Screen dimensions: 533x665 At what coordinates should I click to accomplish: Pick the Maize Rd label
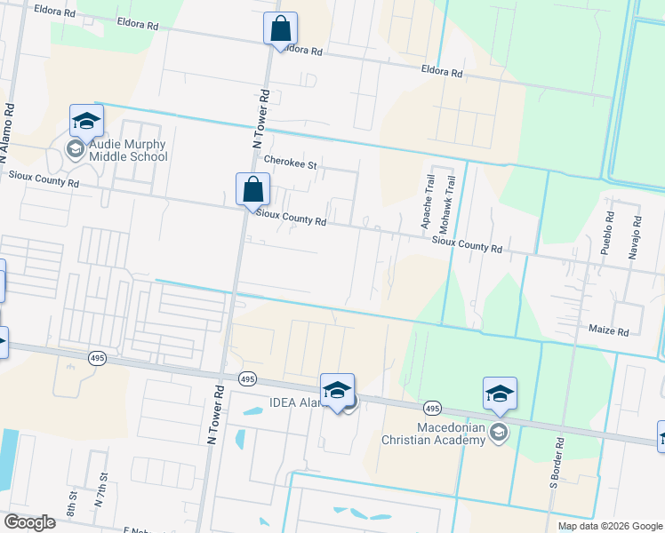(x=608, y=330)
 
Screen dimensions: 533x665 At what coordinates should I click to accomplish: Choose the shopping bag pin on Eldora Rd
(x=280, y=29)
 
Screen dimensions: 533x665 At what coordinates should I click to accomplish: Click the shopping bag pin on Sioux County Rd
(x=252, y=189)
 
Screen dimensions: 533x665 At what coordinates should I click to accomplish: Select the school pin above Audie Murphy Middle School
(x=86, y=120)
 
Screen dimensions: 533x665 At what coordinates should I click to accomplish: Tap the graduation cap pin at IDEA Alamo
(x=337, y=390)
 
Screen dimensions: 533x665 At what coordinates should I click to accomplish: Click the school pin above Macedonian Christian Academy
(x=500, y=394)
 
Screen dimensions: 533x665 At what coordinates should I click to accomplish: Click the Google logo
(x=29, y=522)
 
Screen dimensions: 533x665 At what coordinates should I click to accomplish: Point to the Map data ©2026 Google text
(x=609, y=526)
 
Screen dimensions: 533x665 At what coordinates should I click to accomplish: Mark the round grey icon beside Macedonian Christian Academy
(x=499, y=433)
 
